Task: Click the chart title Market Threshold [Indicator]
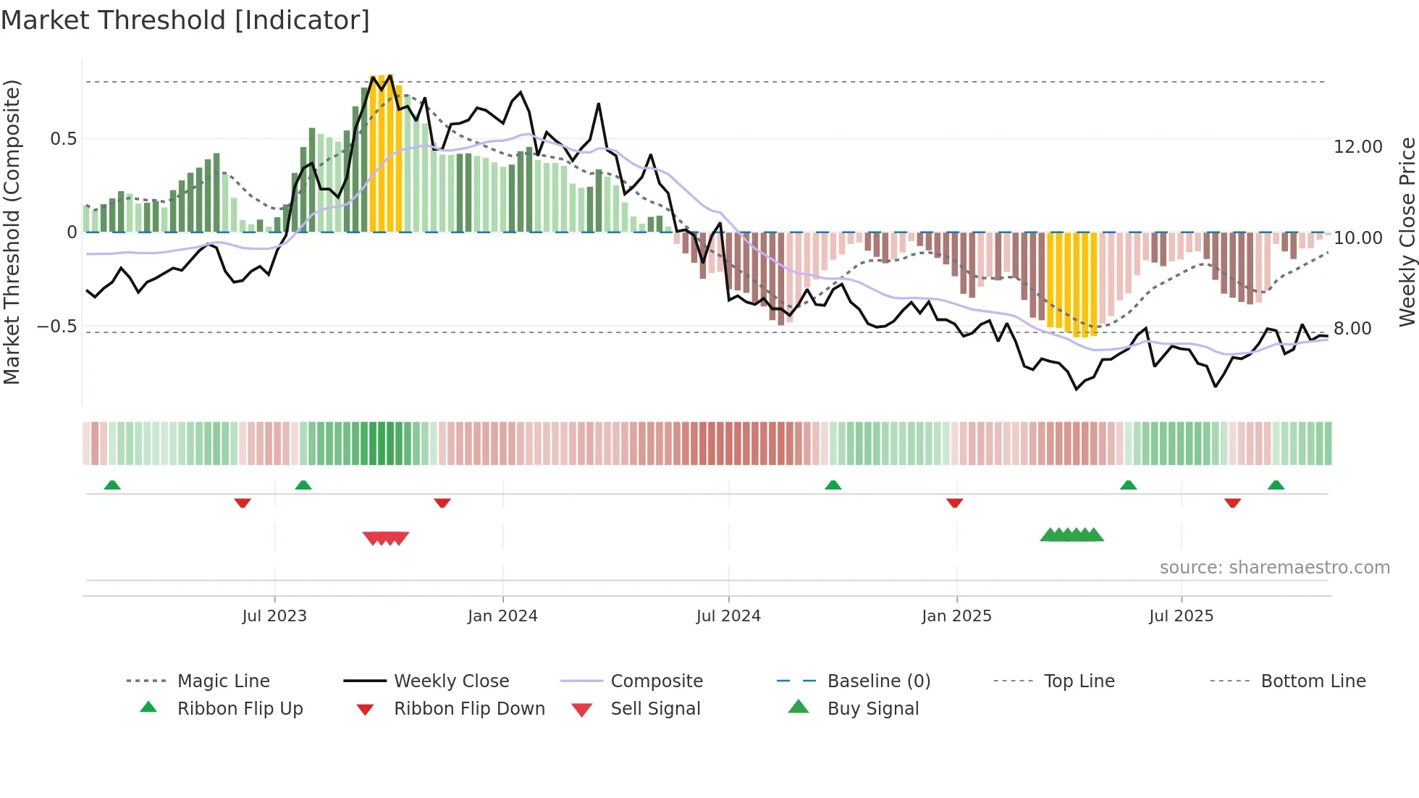pos(185,20)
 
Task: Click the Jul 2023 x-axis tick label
pos(274,616)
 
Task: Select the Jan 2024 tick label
pos(502,616)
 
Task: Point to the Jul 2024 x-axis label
pos(728,616)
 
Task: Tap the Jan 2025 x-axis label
pos(956,616)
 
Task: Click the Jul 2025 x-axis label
pos(1181,616)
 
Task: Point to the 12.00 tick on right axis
pos(1358,147)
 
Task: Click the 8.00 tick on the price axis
pos(1352,329)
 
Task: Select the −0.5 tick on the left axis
pos(56,327)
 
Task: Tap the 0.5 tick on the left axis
pos(63,139)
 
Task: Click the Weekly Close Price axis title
pos(1407,232)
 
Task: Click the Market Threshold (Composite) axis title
pos(12,232)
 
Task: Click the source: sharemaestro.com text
pos(1274,568)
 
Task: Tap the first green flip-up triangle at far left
pos(112,485)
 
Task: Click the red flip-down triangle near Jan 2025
pos(954,503)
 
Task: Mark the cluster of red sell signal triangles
pos(386,538)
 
